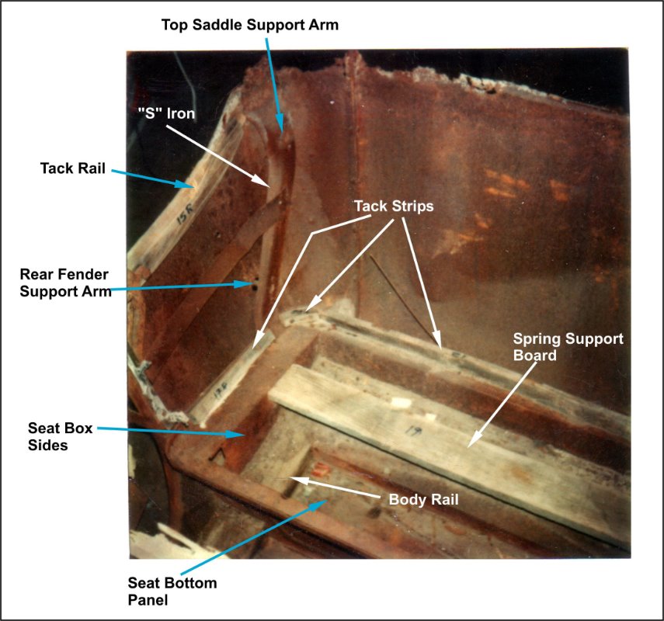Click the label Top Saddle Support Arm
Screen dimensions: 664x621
click(250, 25)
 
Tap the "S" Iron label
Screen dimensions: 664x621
click(166, 113)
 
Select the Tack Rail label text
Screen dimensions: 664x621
click(73, 168)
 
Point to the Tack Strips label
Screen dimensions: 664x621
click(394, 206)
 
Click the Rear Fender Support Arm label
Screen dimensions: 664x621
click(66, 283)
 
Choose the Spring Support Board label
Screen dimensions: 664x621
click(568, 347)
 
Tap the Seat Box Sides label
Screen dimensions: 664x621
click(60, 436)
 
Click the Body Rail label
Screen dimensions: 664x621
click(423, 499)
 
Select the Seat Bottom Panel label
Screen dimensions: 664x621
click(172, 592)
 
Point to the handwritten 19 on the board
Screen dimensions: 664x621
click(410, 431)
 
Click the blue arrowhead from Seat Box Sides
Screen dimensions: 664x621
click(235, 434)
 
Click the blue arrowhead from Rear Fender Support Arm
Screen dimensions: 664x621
click(245, 284)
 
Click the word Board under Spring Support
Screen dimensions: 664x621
click(535, 356)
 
